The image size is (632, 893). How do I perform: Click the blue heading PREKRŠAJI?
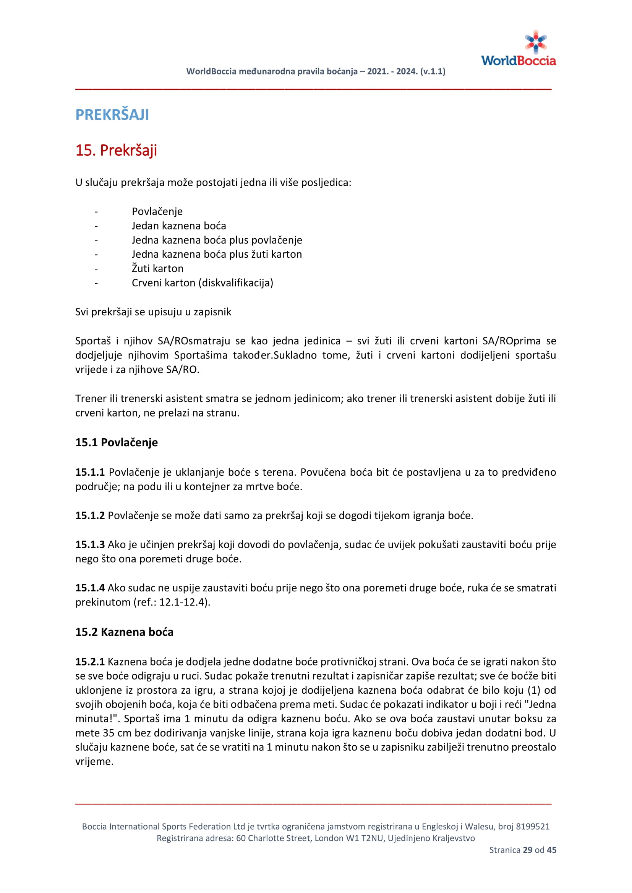click(x=112, y=115)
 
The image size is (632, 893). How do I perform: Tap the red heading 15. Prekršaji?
click(x=116, y=150)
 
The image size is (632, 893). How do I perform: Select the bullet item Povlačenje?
click(x=157, y=212)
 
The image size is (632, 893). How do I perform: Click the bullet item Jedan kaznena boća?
click(x=178, y=226)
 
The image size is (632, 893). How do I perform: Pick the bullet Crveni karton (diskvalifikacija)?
click(x=203, y=283)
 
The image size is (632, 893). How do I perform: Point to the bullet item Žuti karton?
click(x=157, y=268)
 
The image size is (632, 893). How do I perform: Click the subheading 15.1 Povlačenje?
click(x=117, y=442)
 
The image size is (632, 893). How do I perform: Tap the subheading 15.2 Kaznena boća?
click(x=124, y=632)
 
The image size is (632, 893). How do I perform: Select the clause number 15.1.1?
click(x=90, y=472)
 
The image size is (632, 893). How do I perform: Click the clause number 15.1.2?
click(x=90, y=516)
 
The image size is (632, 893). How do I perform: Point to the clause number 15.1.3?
click(x=90, y=544)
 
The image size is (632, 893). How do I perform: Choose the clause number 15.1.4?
click(x=90, y=588)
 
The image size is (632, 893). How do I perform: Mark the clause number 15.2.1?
click(x=90, y=662)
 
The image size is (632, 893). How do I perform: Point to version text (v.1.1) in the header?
click(x=433, y=71)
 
